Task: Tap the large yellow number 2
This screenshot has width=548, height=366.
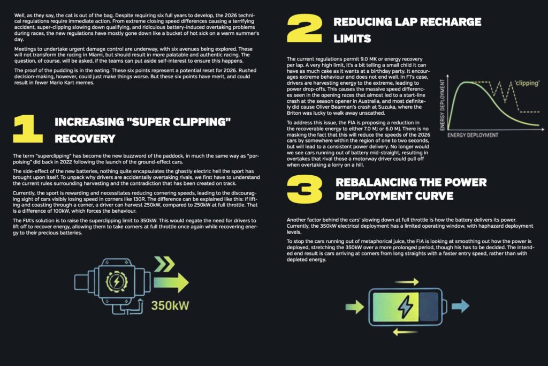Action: (304, 29)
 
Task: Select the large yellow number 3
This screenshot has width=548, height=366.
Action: (305, 189)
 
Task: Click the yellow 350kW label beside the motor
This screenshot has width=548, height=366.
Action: (170, 305)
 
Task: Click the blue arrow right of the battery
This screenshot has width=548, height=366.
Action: (460, 306)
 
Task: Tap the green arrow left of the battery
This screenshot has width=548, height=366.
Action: (354, 307)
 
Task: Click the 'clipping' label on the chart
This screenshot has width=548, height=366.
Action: (527, 83)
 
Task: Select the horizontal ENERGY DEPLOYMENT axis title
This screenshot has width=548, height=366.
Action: (473, 135)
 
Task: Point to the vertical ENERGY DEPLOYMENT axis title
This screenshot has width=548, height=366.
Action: (443, 104)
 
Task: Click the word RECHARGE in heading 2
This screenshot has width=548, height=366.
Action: (451, 22)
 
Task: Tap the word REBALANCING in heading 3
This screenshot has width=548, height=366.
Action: (372, 182)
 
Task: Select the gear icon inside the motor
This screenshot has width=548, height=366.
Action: (117, 281)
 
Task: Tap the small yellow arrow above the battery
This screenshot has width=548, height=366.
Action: (407, 282)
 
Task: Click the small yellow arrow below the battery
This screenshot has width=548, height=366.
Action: (405, 331)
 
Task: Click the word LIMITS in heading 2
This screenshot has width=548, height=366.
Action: (352, 39)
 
